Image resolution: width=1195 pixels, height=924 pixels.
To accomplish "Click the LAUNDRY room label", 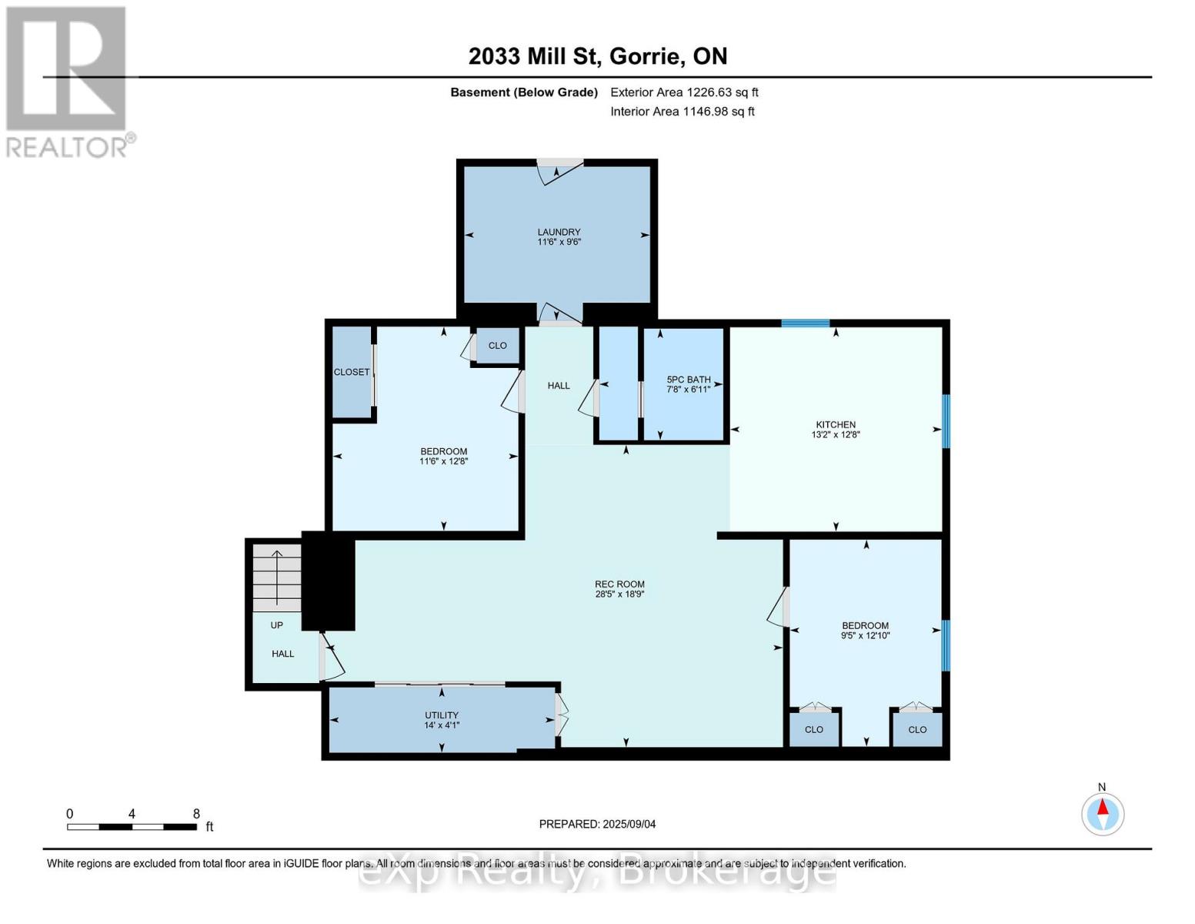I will (x=559, y=232).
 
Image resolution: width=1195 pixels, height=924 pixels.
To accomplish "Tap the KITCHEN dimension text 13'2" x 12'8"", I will (x=836, y=435).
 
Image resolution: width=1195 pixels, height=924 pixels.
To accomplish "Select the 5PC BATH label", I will (x=688, y=380).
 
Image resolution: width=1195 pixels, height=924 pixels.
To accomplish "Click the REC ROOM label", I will (x=619, y=584).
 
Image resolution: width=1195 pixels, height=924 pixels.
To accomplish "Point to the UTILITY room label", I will (x=442, y=715).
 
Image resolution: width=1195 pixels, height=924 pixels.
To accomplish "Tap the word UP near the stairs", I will (x=276, y=625).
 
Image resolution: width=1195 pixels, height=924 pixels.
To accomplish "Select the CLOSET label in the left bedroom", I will (x=352, y=372).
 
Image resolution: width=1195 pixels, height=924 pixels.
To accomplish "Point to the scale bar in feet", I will (x=132, y=827).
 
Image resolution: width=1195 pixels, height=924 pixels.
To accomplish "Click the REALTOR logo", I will (x=68, y=81).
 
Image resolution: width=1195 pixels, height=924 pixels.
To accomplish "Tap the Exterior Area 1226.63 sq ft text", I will (x=684, y=92).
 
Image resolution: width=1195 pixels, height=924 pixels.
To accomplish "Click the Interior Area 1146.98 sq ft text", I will (x=683, y=112).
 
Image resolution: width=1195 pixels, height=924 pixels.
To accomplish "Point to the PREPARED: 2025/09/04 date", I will (x=597, y=824).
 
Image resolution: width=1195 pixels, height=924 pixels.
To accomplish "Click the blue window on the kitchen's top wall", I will (x=805, y=323).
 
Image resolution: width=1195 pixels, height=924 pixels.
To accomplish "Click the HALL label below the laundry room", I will (x=559, y=385).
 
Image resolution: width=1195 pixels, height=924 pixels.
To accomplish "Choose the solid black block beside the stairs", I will (x=329, y=581).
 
